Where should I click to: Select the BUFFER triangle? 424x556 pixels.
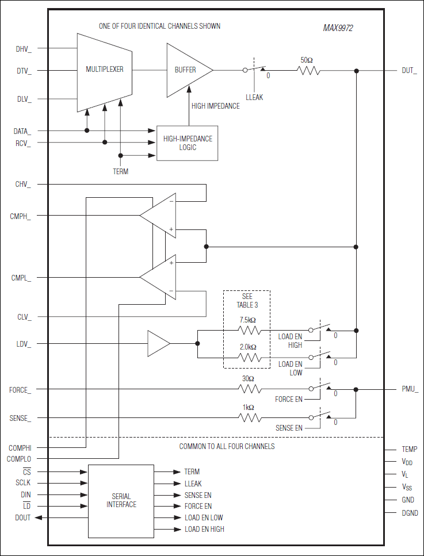coord(186,70)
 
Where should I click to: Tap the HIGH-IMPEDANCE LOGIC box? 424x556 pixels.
coord(188,143)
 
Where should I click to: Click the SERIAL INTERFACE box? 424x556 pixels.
coord(121,500)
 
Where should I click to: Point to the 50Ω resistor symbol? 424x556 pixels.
coord(308,71)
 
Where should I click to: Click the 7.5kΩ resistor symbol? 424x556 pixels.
coord(250,330)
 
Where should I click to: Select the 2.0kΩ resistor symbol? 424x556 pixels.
coord(250,358)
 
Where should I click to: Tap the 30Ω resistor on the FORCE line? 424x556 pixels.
coord(250,389)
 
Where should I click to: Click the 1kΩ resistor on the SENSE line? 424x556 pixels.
coord(250,417)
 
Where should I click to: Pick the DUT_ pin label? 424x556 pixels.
coord(409,71)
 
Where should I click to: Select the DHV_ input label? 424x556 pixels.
coord(24,49)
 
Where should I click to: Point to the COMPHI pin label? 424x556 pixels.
coord(20,447)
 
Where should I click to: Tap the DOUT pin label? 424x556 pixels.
coord(23,517)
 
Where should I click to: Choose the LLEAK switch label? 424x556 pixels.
coord(254,97)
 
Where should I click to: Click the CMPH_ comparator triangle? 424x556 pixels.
coord(158,216)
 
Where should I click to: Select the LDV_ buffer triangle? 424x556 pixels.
coord(158,344)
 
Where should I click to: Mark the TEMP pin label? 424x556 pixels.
coord(410,449)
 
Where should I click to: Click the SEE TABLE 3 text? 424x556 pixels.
coord(247,300)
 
